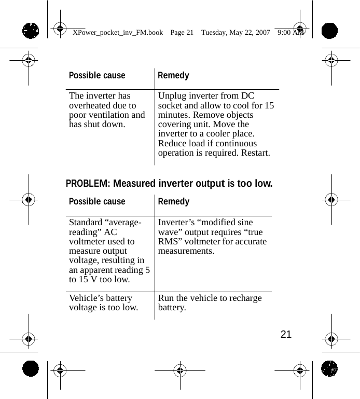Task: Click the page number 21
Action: tap(286, 334)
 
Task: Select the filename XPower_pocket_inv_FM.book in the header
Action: tap(118, 33)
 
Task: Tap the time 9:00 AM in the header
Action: tap(290, 33)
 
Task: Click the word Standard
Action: tap(87, 223)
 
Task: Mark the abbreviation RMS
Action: tap(169, 242)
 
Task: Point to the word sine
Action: tap(243, 223)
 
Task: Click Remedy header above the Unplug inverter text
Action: tap(173, 76)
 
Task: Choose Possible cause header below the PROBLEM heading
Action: tap(97, 202)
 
